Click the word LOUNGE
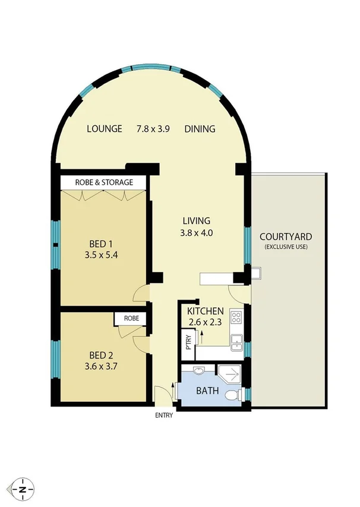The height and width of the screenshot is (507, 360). [x=105, y=129]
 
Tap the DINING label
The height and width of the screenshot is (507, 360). [x=199, y=129]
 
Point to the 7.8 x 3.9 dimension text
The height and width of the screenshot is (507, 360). [x=153, y=129]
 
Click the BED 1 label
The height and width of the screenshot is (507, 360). [x=100, y=244]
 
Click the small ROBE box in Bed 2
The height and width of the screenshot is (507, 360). [x=131, y=319]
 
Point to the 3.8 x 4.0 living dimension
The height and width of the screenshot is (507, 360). [x=196, y=233]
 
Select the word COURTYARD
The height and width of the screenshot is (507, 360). [x=286, y=237]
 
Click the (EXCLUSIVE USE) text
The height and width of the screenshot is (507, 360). [x=286, y=247]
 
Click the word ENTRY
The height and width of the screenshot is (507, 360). [x=163, y=415]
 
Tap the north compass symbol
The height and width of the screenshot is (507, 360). [x=23, y=489]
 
